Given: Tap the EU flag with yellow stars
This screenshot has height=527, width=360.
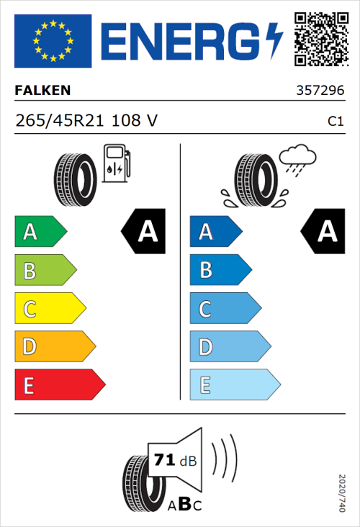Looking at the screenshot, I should [53, 41].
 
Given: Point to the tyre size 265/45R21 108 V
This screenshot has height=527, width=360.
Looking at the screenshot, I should [86, 121].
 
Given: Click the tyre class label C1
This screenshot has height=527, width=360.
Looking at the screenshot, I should [335, 122].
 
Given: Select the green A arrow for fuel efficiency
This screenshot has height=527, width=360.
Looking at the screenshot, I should [40, 232].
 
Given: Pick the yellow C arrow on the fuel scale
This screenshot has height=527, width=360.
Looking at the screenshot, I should [49, 310].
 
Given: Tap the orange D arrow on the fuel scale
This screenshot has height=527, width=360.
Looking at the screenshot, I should [54, 347].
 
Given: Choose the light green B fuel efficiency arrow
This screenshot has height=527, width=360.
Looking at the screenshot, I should [45, 271].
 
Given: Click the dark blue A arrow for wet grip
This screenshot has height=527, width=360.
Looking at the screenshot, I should [215, 232].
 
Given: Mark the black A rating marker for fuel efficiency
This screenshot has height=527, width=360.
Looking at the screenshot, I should [144, 232].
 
